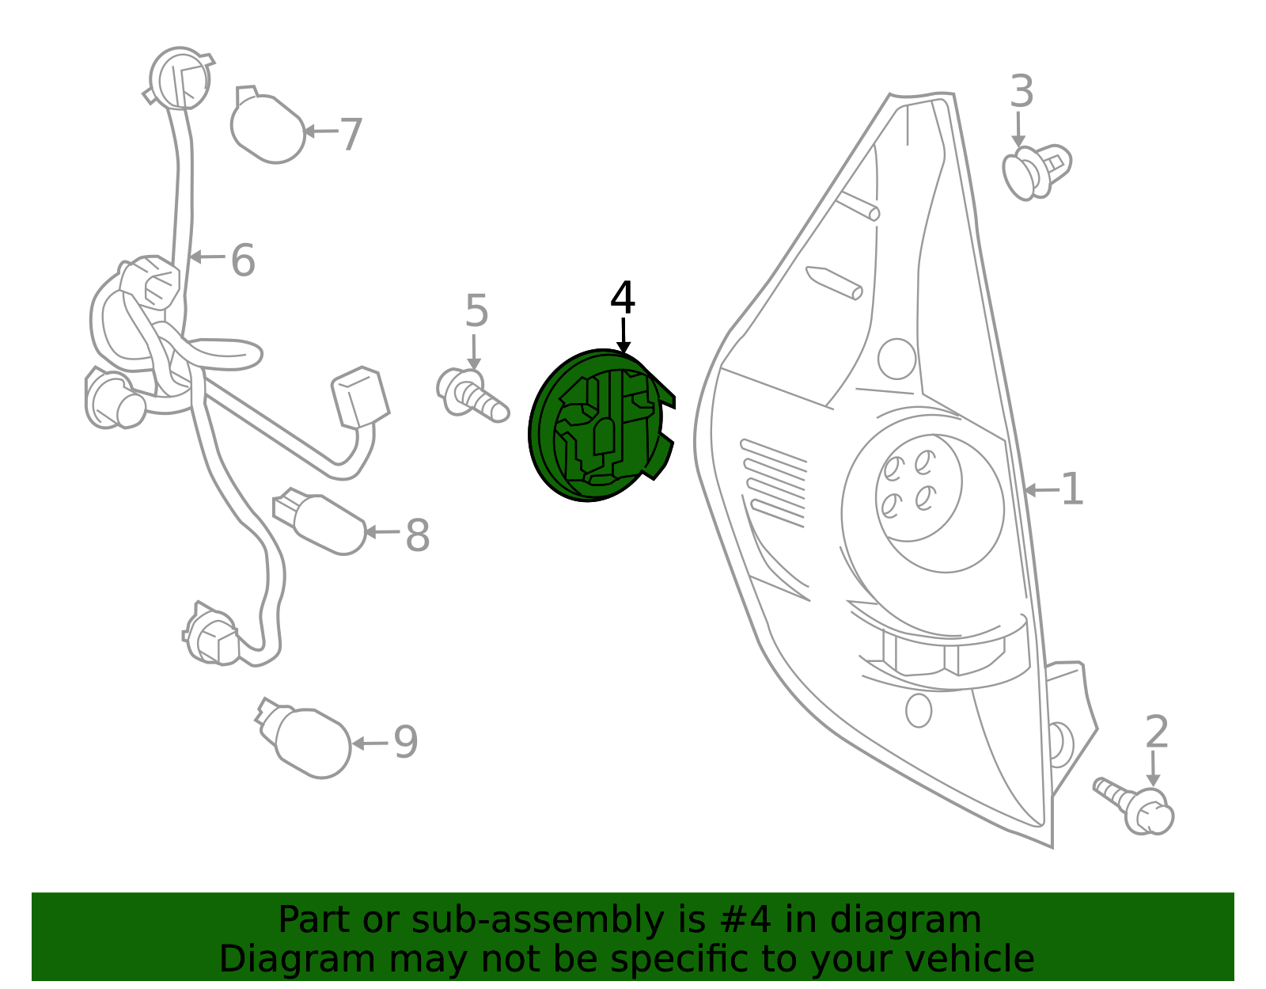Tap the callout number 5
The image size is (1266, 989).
coord(476,310)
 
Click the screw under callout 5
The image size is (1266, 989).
coord(472,396)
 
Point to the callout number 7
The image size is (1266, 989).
coord(351,134)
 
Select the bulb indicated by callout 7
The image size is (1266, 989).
coord(267,125)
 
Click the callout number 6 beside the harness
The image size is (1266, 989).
coord(243,260)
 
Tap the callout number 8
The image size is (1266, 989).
coord(417,535)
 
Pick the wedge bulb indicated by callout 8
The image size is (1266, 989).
coord(320,522)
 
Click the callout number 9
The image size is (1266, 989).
coord(405,741)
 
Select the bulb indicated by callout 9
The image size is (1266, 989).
coord(304,739)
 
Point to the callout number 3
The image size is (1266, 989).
coord(1022,92)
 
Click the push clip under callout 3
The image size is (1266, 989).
coord(1037,172)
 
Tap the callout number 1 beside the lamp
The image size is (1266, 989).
coord(1072,489)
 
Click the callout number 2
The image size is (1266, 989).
coord(1157,732)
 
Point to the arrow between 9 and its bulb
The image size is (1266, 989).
coord(370,744)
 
